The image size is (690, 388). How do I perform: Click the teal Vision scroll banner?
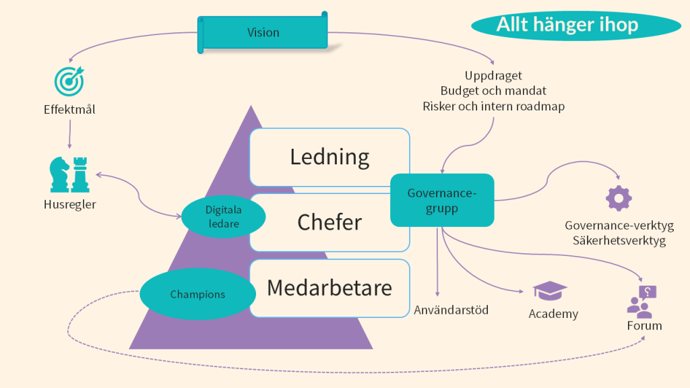263,32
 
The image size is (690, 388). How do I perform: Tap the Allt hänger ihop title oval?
567,25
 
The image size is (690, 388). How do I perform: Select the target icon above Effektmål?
69,80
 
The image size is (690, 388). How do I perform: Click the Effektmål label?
69,108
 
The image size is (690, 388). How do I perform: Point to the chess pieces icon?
69,174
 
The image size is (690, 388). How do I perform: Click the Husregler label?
69,205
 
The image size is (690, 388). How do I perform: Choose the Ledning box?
330,157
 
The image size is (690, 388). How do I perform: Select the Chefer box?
330,222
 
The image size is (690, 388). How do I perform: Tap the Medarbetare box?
330,288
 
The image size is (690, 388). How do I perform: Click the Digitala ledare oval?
223,217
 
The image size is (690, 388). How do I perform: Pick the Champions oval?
197,294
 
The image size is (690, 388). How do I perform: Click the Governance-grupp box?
442,200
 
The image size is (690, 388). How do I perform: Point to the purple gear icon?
619,198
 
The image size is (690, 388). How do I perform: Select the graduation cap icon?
550,291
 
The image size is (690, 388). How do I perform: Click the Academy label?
553,314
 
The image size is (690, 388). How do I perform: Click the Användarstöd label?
451,310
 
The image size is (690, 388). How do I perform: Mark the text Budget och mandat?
493,90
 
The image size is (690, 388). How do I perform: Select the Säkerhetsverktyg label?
619,240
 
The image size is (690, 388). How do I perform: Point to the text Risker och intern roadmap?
493,106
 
